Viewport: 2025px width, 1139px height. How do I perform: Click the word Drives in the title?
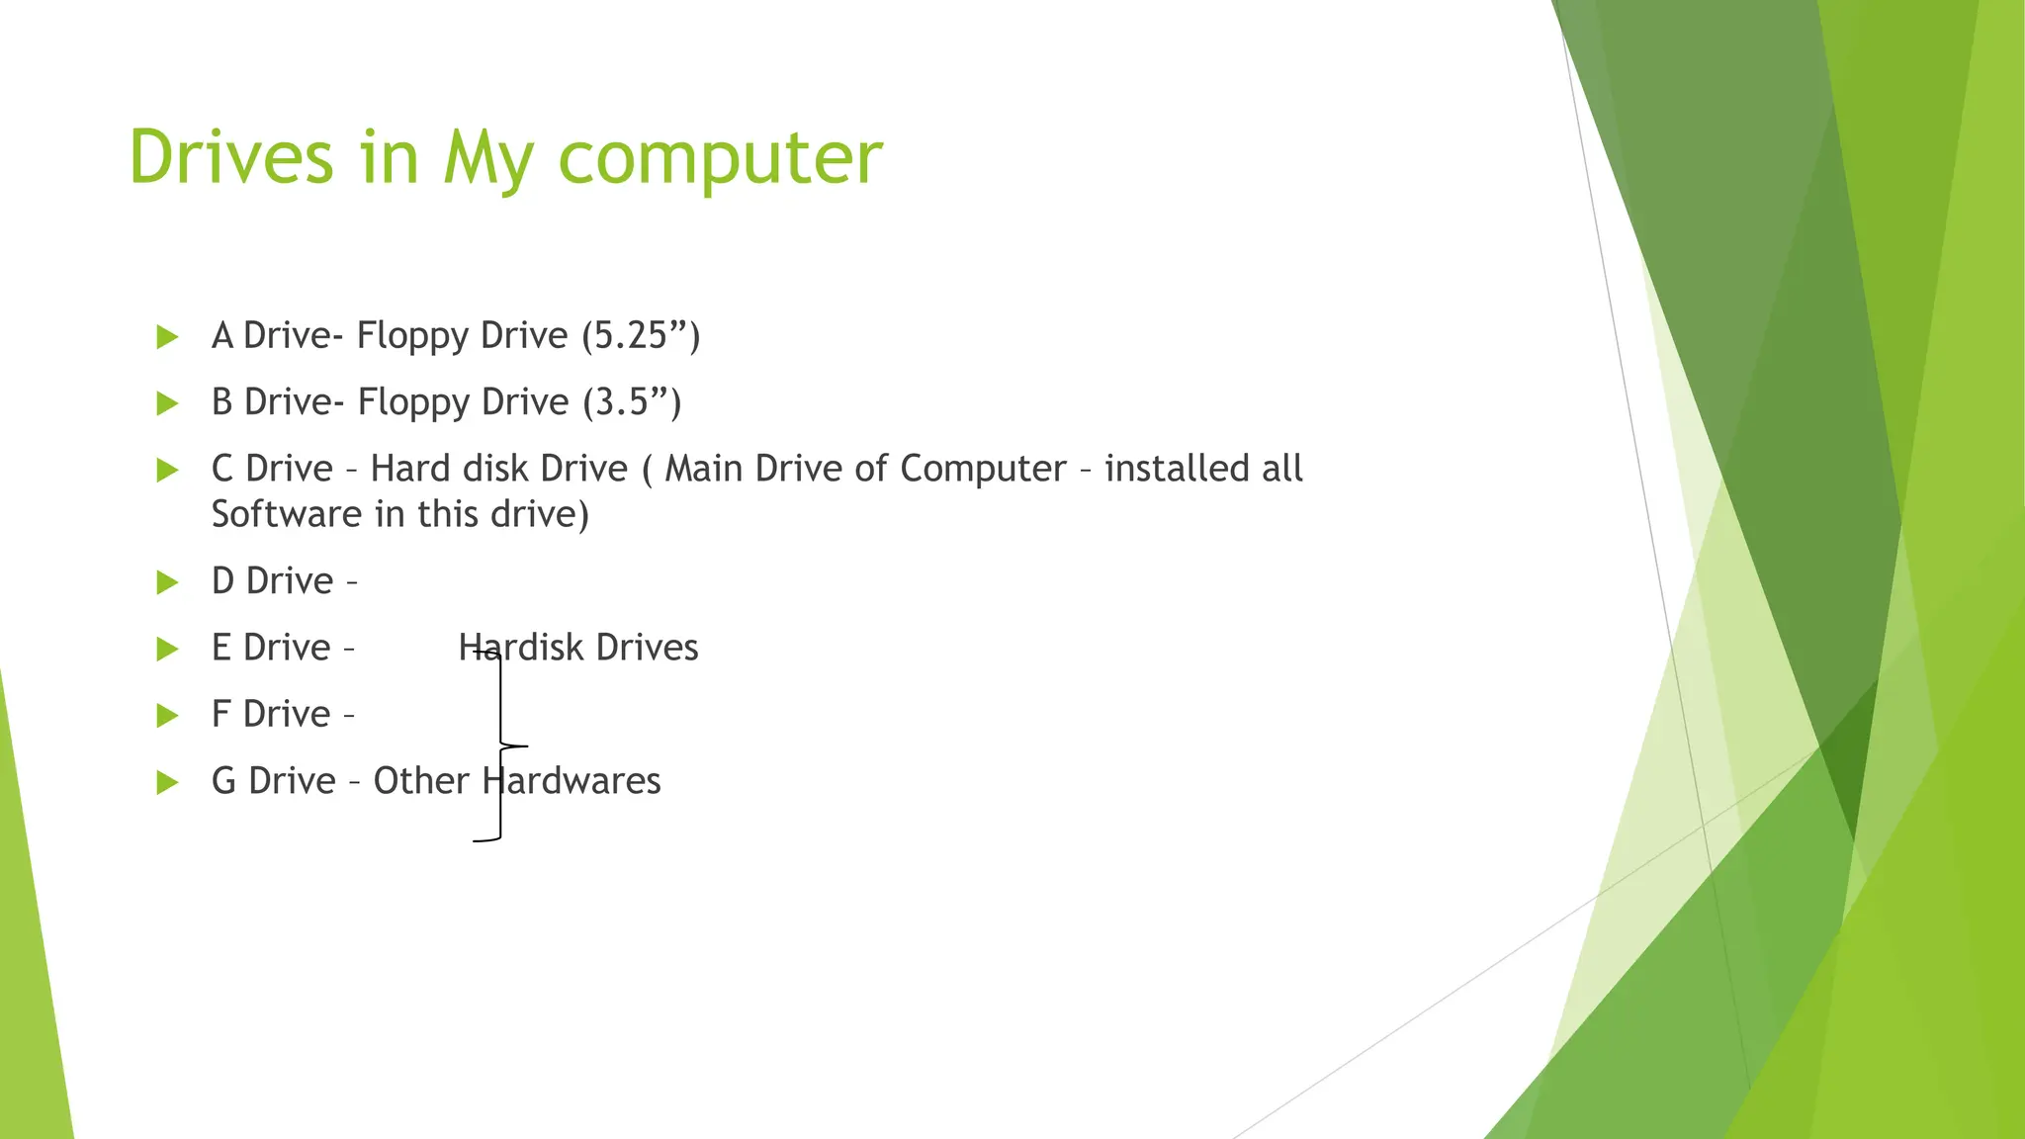pos(231,158)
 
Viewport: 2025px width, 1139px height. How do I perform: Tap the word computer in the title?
pos(720,158)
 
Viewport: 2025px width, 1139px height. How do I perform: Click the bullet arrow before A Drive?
pos(167,337)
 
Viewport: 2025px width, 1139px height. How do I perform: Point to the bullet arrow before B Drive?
pos(167,403)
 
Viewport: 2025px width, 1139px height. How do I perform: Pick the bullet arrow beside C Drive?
pos(167,471)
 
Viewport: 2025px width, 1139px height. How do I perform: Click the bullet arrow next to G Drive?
pos(167,783)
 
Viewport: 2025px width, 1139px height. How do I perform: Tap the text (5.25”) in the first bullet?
pos(641,336)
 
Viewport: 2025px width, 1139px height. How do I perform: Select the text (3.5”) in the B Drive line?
pos(632,402)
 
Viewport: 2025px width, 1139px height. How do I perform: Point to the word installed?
pos(1177,469)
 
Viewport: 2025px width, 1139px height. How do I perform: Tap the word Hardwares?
pos(572,781)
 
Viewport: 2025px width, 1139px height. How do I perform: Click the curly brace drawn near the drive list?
pos(502,745)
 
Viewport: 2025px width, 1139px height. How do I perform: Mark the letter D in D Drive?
pos(223,581)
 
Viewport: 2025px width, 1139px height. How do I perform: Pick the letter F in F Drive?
pos(221,714)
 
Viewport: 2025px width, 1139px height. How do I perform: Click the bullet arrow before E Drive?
pos(167,650)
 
